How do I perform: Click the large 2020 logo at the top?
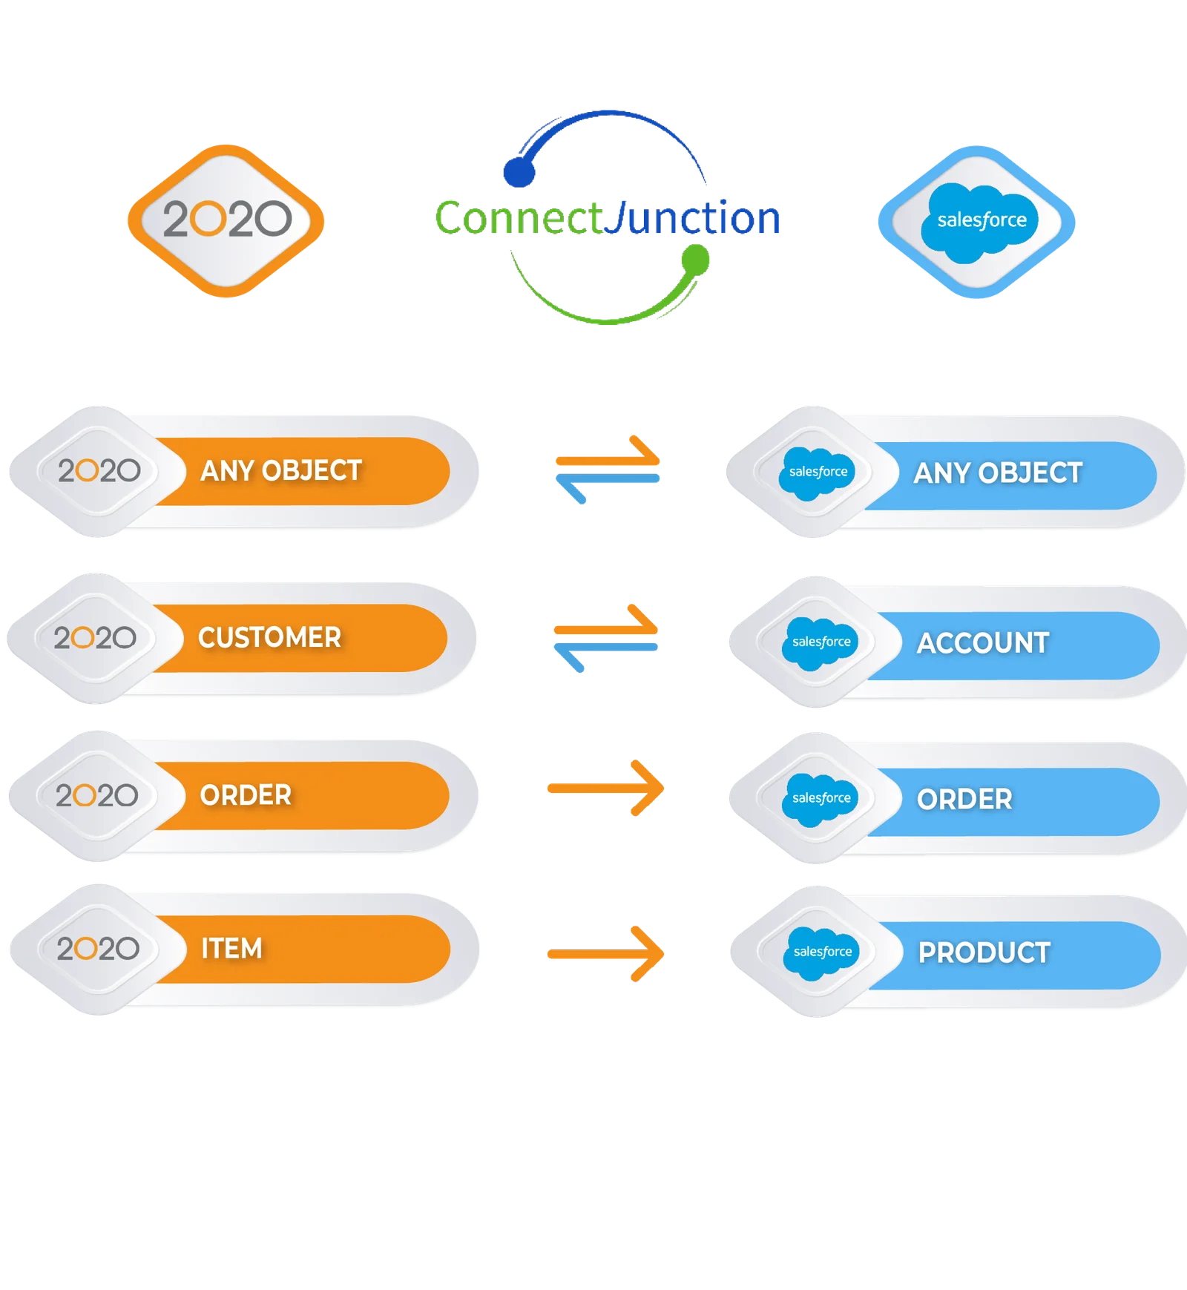click(x=226, y=220)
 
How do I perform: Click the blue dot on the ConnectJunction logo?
click(x=519, y=171)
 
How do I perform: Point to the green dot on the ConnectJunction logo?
click(x=695, y=260)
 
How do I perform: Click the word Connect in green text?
click(x=519, y=218)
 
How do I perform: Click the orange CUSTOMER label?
click(x=269, y=638)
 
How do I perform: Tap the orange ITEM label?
click(x=231, y=949)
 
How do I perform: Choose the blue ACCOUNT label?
click(x=983, y=643)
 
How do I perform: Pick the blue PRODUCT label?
click(x=984, y=953)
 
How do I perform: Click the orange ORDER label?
click(x=246, y=795)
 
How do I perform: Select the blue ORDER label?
click(x=964, y=800)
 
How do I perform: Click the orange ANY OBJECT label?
click(x=281, y=471)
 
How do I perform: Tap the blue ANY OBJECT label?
click(x=998, y=473)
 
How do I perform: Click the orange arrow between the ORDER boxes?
click(x=605, y=788)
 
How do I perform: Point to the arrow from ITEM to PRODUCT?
click(x=605, y=954)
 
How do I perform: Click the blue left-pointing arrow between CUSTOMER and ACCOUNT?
click(x=605, y=653)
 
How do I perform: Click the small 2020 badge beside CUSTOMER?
click(x=95, y=638)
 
